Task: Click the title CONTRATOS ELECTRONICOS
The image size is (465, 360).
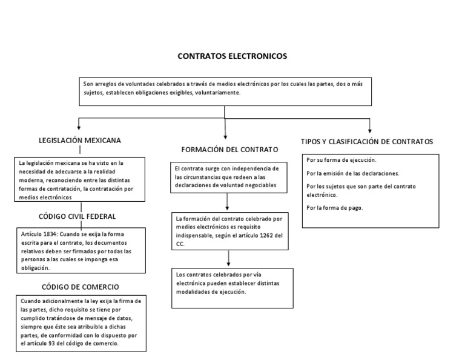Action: (x=232, y=56)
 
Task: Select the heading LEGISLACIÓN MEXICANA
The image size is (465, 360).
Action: (x=80, y=140)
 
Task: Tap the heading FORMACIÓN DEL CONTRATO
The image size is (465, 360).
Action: (x=229, y=149)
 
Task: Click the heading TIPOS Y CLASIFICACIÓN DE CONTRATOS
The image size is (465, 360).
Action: (x=367, y=141)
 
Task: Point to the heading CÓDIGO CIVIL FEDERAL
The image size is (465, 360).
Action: (x=78, y=216)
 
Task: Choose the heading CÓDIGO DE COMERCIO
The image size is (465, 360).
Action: (x=80, y=286)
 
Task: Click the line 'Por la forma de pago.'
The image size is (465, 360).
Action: (x=335, y=208)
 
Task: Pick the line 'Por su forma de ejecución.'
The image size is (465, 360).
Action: (x=341, y=160)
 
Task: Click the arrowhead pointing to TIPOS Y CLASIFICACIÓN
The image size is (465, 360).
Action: (x=370, y=129)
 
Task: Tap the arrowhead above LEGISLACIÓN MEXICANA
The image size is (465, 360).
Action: (x=79, y=129)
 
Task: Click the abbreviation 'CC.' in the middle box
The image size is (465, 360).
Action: (x=179, y=245)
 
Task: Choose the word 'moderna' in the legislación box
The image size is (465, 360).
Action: (x=31, y=180)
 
